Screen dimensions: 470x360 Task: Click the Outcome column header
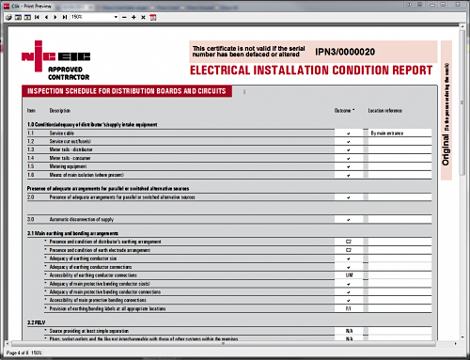[x=346, y=111]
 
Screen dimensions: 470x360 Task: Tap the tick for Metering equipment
[x=348, y=167]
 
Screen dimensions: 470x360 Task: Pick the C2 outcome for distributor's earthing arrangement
[x=348, y=242]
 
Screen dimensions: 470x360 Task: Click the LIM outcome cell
[x=348, y=274]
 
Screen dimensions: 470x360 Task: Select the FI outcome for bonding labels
[x=348, y=307]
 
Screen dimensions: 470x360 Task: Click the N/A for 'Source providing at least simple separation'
[x=348, y=331]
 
